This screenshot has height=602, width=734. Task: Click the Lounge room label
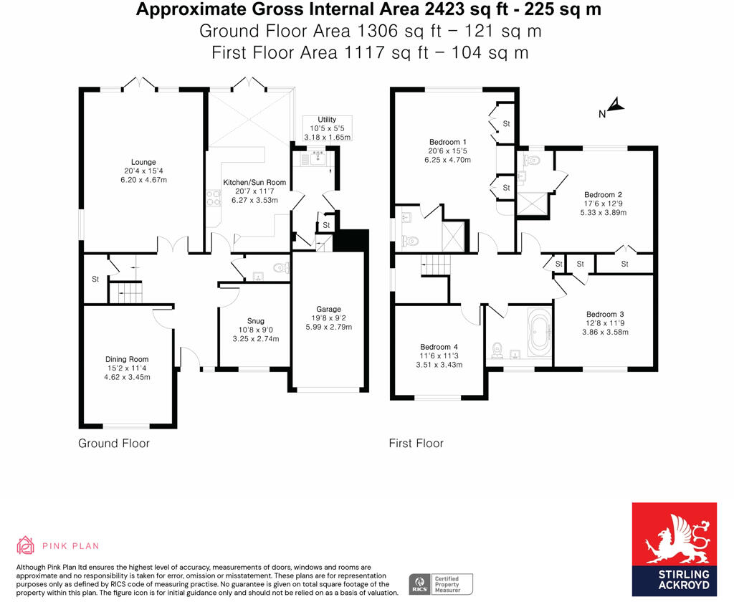143,162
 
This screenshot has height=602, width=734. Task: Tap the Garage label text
329,309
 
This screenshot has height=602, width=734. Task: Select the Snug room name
256,320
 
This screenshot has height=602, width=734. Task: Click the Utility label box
327,128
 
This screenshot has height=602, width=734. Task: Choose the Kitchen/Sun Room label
254,183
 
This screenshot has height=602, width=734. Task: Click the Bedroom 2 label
603,195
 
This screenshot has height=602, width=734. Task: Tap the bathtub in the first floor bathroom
539,333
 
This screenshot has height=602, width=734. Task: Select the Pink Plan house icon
26,546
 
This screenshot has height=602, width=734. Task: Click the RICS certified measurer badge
441,584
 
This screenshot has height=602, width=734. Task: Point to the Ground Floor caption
114,444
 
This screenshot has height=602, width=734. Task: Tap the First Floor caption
416,444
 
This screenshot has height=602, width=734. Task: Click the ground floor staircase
125,292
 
